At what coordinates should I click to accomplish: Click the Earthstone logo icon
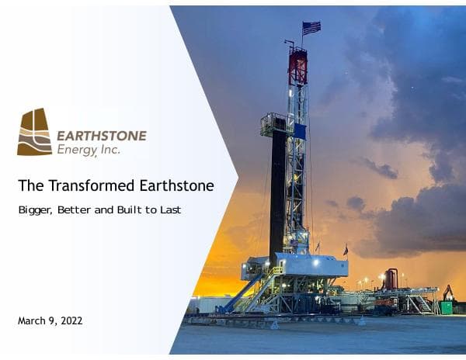[35, 132]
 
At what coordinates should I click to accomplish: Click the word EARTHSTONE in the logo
[101, 135]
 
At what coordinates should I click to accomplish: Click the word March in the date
[33, 320]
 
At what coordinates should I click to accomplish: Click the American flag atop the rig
[311, 28]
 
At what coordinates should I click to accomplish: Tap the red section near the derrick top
[297, 67]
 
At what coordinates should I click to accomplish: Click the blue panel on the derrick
[301, 132]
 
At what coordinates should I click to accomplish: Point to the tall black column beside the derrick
[277, 194]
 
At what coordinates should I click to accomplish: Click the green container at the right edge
[446, 307]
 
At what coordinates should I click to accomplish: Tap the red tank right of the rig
[391, 279]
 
